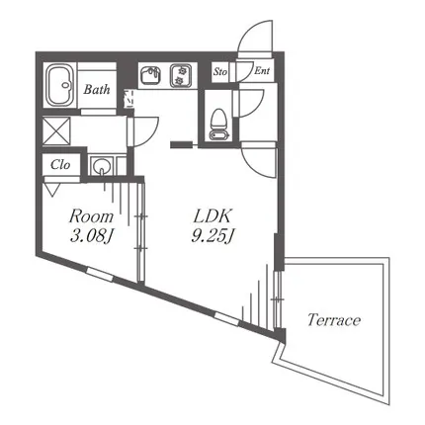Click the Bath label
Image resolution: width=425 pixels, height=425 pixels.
pos(97,89)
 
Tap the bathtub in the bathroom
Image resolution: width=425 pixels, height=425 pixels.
pos(59,85)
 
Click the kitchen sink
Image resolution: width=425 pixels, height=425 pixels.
pos(150,76)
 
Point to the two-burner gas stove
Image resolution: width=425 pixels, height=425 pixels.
pos(181,76)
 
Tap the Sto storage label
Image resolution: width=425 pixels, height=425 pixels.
pos(220,71)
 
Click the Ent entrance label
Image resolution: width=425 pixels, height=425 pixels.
pos(262,70)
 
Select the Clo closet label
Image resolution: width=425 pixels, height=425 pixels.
pos(60,165)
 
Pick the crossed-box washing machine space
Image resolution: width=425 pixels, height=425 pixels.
pos(56,130)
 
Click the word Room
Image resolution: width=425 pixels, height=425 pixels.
pos(91,216)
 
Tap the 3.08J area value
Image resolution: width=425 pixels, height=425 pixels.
pos(92,236)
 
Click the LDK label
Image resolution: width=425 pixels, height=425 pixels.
pos(212,216)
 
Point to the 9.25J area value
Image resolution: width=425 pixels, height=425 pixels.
pos(212,235)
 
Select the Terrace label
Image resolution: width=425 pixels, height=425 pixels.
pos(334,320)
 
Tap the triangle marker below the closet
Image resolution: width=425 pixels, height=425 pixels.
pos(52,190)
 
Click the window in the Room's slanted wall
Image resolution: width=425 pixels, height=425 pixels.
pos(100,275)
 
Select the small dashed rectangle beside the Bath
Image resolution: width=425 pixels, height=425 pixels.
pos(128,98)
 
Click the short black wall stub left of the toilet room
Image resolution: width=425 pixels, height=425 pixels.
pos(181,144)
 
